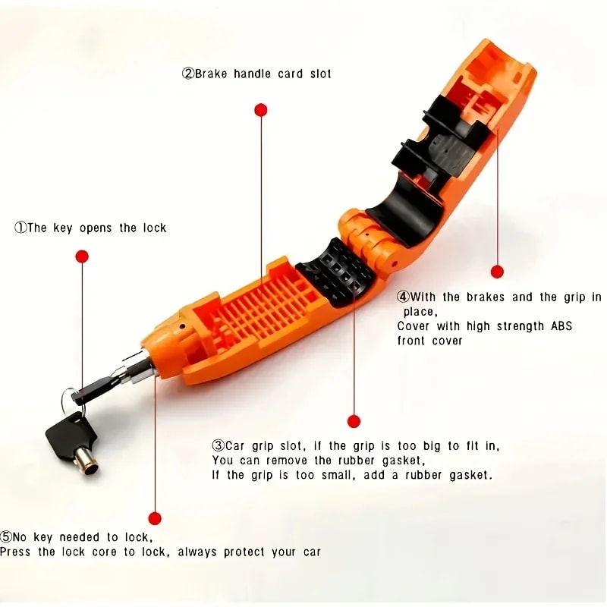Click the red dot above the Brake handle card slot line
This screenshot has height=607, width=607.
point(261,110)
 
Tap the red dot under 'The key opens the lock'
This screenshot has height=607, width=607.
point(82,256)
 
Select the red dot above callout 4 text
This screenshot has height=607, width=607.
point(497,272)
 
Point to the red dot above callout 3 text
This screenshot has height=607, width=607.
point(353,421)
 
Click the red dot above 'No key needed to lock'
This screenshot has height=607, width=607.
point(155,519)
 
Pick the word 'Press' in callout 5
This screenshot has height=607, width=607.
point(16,552)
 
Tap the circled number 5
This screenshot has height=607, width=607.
point(6,537)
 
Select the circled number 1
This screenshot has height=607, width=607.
point(20,228)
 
